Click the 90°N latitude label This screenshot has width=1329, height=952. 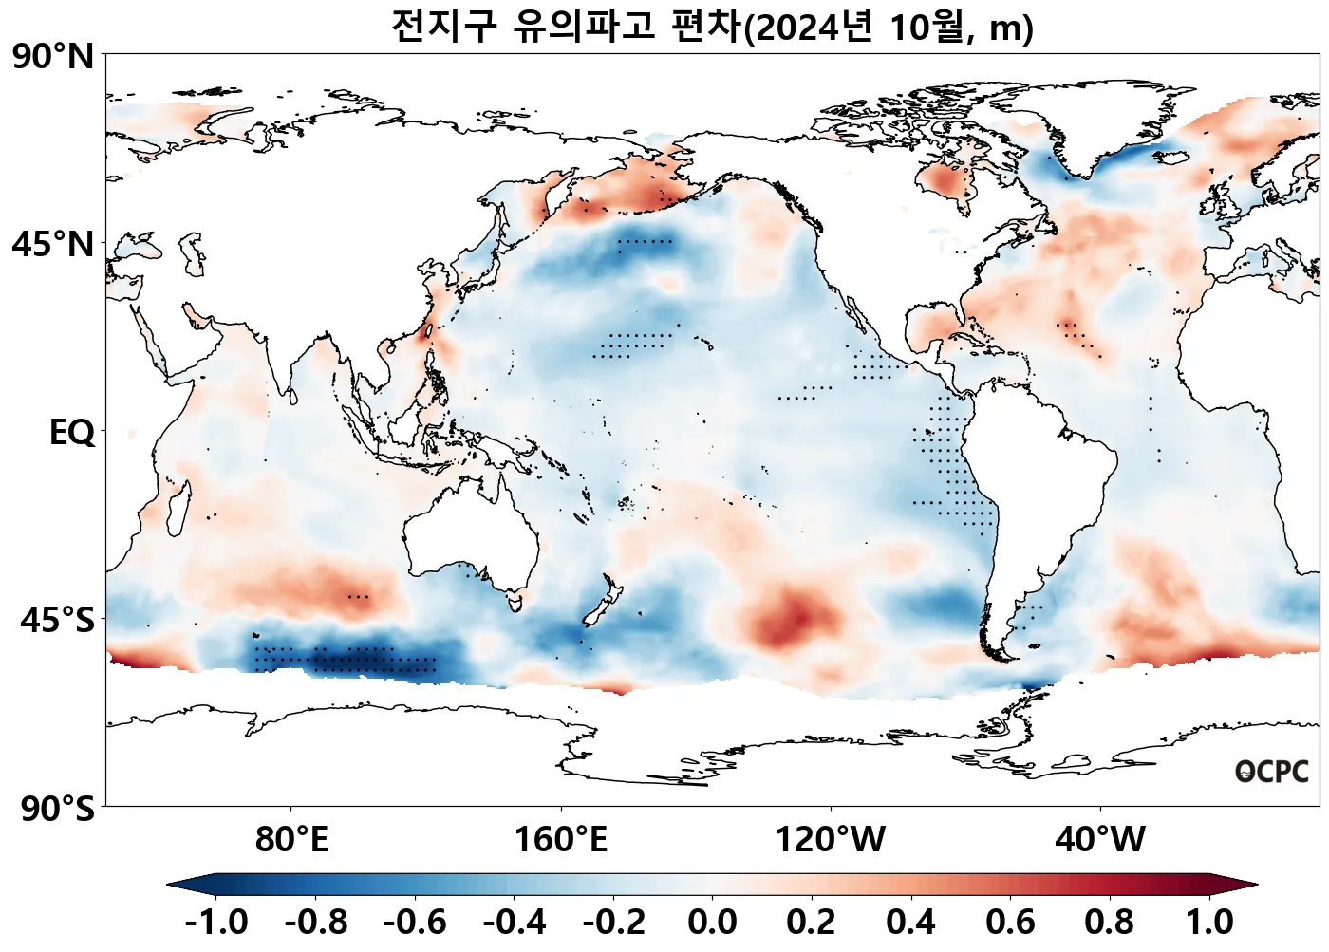(54, 57)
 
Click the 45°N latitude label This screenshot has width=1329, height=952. (54, 245)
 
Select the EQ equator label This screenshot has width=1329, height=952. (72, 433)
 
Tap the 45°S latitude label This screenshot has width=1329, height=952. (57, 621)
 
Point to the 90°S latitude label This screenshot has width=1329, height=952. (57, 810)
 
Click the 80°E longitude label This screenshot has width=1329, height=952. (291, 840)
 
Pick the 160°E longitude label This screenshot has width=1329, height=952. (560, 840)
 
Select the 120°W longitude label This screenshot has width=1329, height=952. (831, 840)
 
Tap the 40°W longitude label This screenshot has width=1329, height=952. (1100, 840)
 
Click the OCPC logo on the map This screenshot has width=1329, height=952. (1272, 772)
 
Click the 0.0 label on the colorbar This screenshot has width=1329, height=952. (712, 922)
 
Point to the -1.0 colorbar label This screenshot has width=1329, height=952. (216, 922)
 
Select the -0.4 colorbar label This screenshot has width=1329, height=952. (515, 922)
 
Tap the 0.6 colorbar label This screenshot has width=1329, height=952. (1010, 922)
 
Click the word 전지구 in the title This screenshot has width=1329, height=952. (443, 27)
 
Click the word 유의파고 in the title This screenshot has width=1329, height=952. (584, 27)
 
